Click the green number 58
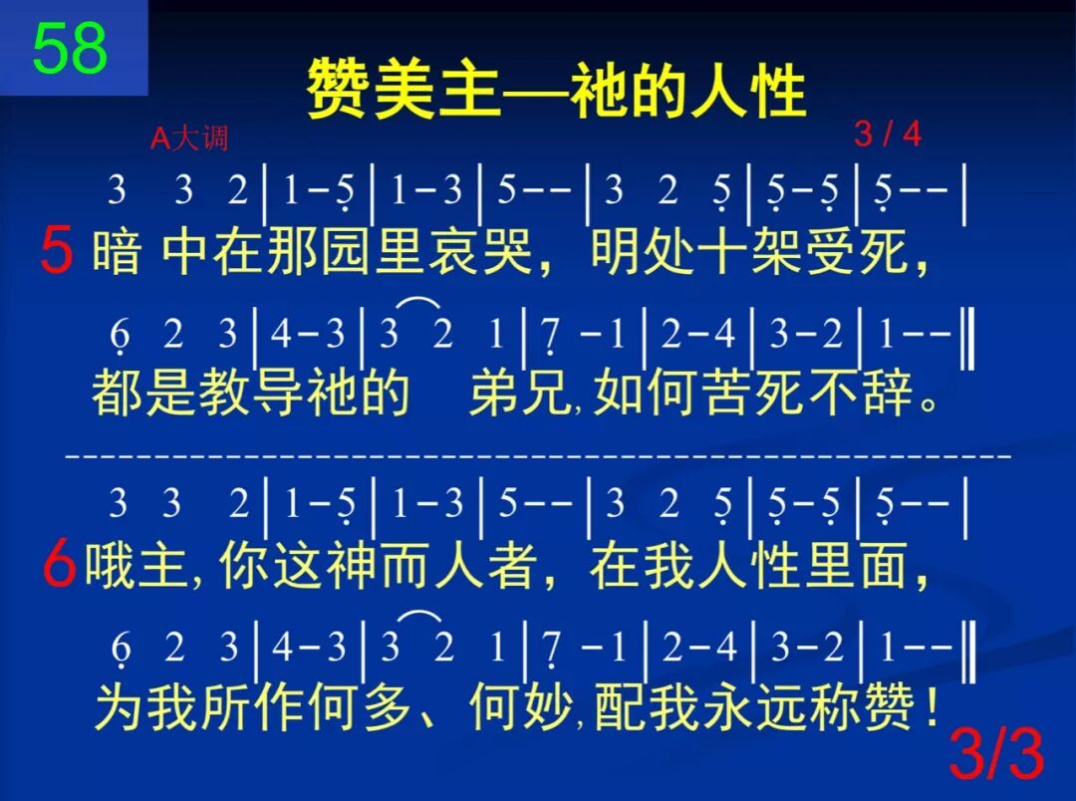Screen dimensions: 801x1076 point(70,48)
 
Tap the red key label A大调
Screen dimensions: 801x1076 point(189,137)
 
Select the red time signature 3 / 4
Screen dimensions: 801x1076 point(888,133)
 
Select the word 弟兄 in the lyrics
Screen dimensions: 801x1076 point(516,395)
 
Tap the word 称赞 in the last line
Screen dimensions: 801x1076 point(862,709)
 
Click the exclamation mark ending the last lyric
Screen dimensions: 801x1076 point(930,709)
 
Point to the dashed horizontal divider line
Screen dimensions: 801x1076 point(538,455)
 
